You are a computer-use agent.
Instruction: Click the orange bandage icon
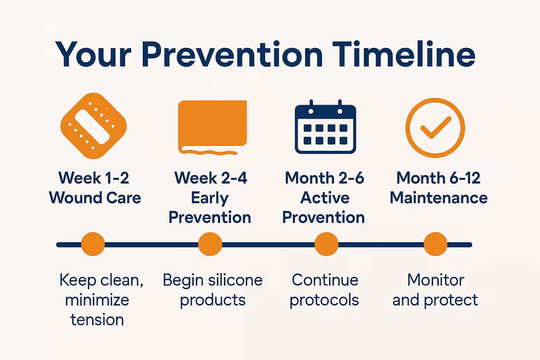point(94,126)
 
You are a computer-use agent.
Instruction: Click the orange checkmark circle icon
point(435,128)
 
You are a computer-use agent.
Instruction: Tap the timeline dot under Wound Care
point(93,244)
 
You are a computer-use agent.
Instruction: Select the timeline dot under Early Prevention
point(210,244)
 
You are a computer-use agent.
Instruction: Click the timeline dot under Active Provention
point(326,244)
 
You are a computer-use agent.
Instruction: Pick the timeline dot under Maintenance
point(435,244)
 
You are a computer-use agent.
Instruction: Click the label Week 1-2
point(94,178)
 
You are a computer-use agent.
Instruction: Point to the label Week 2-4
point(211,178)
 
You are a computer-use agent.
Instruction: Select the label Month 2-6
point(324,178)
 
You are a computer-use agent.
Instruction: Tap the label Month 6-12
point(438,178)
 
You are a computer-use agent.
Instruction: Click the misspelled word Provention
point(323,218)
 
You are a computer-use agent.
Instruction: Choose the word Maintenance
point(438,198)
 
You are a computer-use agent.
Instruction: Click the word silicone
point(235,280)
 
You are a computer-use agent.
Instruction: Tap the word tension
point(97,320)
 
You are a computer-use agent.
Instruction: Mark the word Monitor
point(436,280)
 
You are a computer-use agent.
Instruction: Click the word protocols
point(324,300)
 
